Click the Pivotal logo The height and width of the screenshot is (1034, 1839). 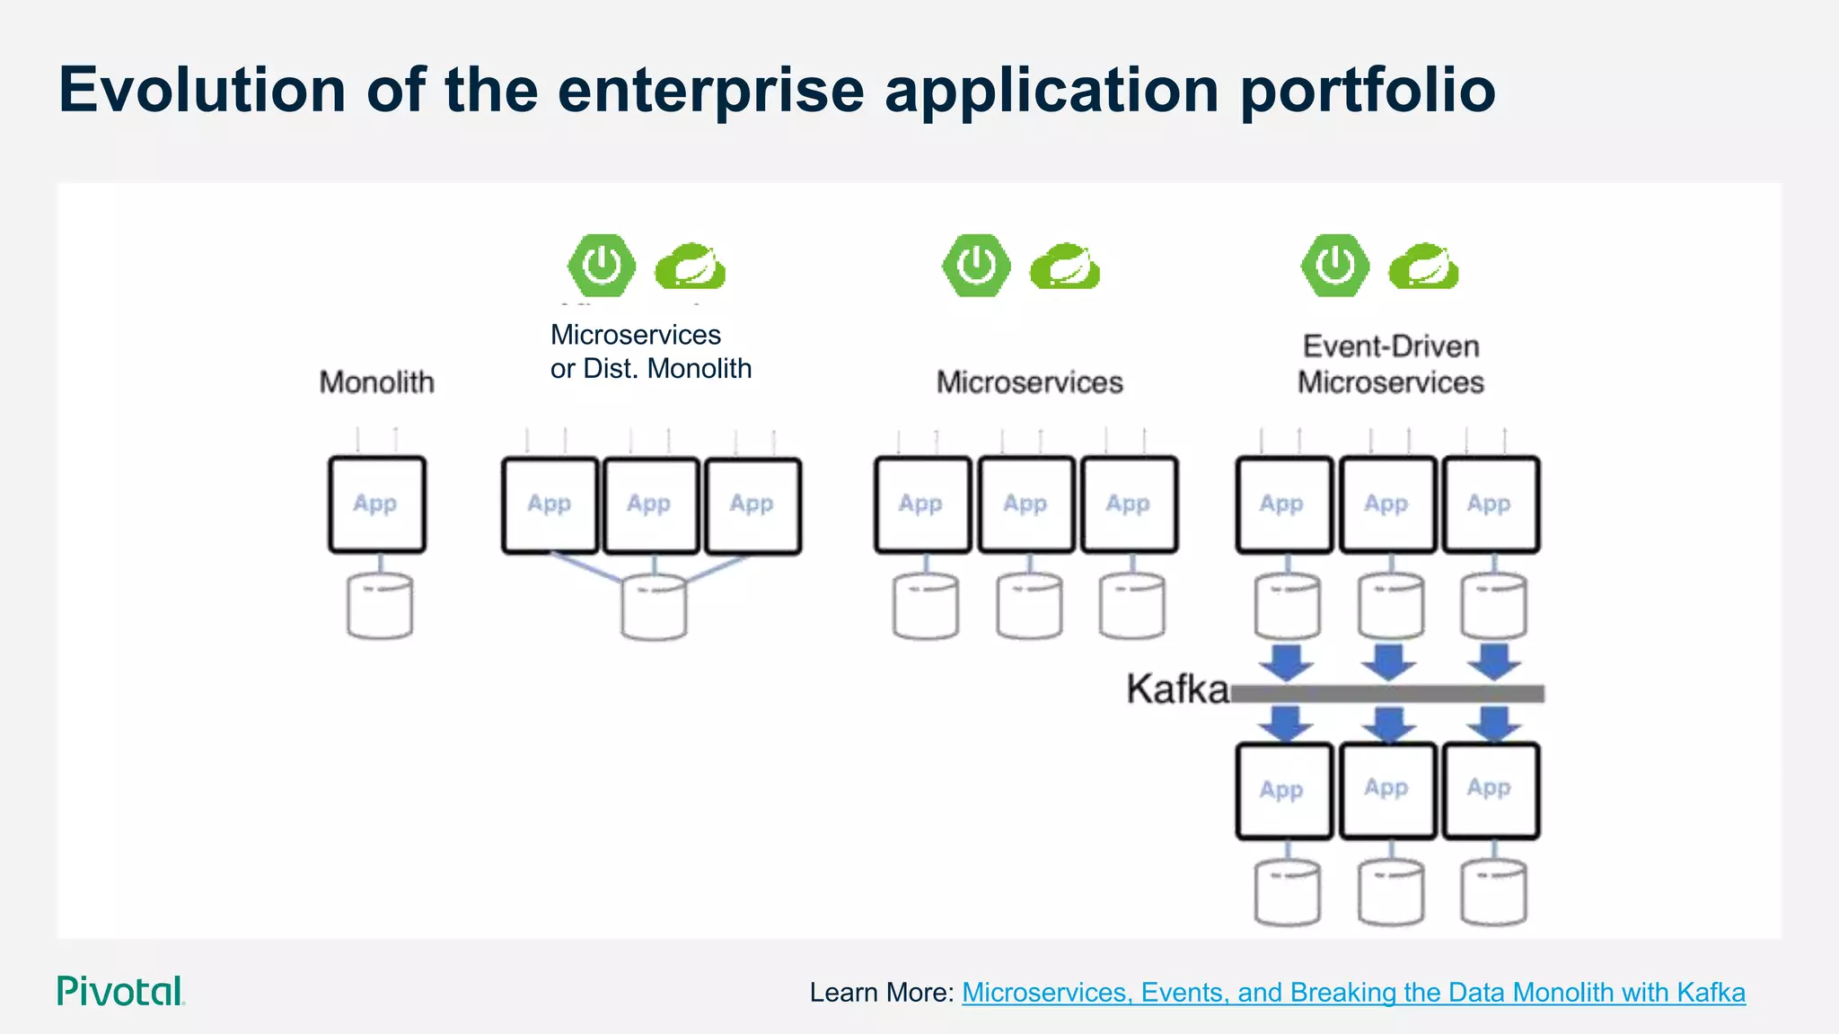coord(120,991)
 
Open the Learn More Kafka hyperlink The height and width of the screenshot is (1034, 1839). coord(1352,993)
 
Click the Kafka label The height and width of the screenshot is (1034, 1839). coord(1176,689)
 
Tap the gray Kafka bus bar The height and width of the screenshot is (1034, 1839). coord(1387,693)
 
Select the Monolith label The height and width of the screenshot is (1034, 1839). coord(377,382)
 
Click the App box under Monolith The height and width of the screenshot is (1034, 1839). coord(376,504)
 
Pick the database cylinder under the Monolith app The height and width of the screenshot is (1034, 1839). coord(380,607)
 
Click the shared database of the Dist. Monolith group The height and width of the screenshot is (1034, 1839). coord(654,609)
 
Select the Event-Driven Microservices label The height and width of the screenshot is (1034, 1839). coord(1390,364)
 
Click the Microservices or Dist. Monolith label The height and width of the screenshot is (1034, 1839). coord(650,352)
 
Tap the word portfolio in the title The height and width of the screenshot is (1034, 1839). coord(1368,91)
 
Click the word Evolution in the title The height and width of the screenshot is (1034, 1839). coord(202,91)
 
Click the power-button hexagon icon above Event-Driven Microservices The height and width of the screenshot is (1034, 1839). coord(1335,266)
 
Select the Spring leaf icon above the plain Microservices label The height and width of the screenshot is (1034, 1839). coord(1064,267)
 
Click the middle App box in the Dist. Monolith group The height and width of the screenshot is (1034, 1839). coord(650,505)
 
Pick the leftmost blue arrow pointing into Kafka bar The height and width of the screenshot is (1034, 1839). coord(1286,662)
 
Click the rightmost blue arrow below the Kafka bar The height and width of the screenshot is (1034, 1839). coord(1493,723)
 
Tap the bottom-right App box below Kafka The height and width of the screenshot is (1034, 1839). coord(1491,791)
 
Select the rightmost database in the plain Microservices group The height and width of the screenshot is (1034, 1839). coord(1132,607)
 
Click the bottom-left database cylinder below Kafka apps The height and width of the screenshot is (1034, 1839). coord(1287,892)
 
